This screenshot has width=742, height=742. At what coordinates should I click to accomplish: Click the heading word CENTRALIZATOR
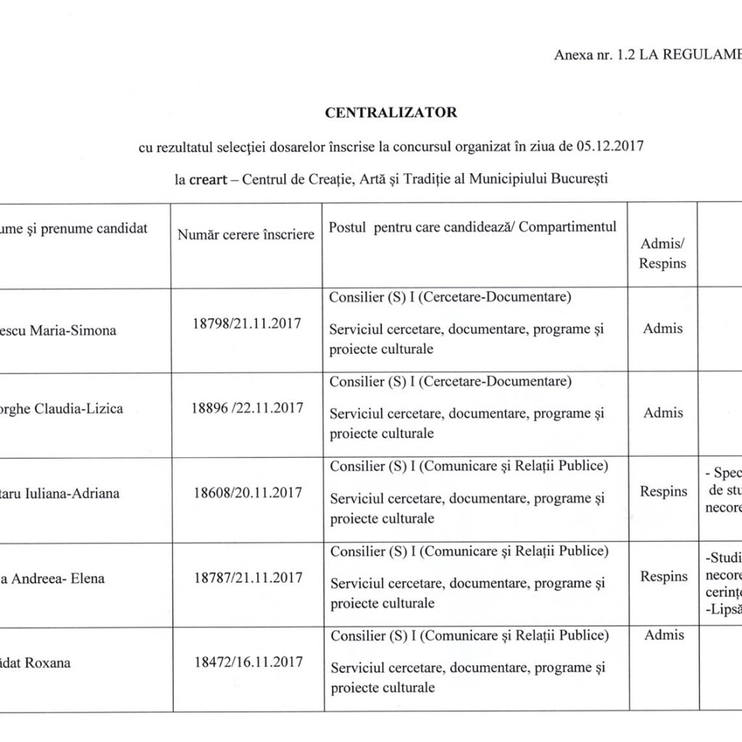pos(391,112)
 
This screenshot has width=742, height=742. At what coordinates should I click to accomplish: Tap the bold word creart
pos(213,178)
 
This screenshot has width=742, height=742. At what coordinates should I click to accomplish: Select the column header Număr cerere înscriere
pos(246,234)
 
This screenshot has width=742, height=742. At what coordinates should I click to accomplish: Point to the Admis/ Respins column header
pos(662,254)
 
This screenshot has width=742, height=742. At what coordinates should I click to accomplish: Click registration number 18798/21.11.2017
pos(247,322)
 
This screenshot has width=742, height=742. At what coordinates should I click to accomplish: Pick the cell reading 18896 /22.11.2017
pos(247,407)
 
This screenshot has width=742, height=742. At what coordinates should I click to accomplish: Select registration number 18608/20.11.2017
pos(247,493)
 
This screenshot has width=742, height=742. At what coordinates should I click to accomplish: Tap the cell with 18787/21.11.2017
pos(247,578)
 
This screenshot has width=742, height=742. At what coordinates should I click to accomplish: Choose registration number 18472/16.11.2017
pos(247,662)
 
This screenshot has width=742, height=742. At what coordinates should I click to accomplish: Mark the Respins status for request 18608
pos(663,492)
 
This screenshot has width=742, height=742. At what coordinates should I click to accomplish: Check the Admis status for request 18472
pos(663,635)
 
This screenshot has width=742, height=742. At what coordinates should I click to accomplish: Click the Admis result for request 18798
pos(663,328)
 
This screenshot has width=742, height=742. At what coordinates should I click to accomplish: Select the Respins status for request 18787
pos(663,577)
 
